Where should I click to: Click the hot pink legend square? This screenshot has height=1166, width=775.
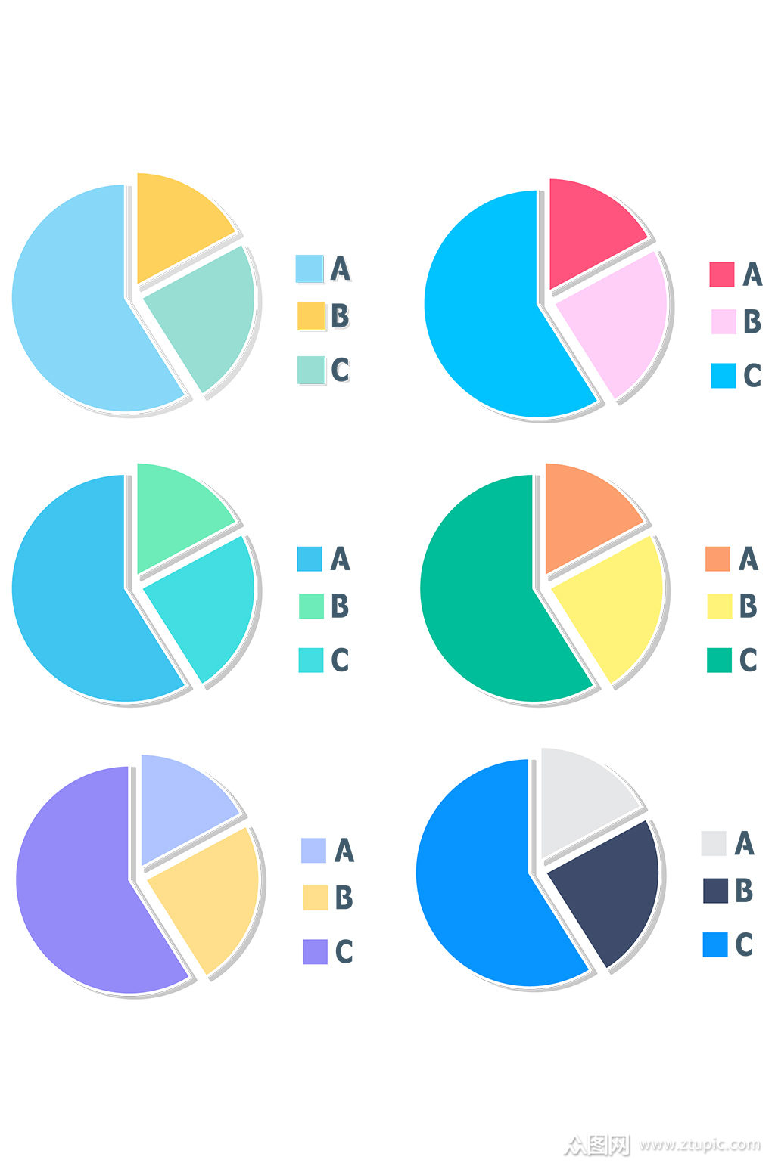721,274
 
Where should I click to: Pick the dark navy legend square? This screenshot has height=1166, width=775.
715,891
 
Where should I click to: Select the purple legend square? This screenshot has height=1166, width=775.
315,951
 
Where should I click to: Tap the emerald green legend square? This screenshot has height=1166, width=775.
719,659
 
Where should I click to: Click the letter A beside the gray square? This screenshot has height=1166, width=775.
745,843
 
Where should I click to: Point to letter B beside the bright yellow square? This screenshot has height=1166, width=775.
748,606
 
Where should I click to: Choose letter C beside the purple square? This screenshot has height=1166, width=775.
344,951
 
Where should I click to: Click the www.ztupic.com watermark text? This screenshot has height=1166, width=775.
699,1144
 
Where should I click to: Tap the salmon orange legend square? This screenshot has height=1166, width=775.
717,559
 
